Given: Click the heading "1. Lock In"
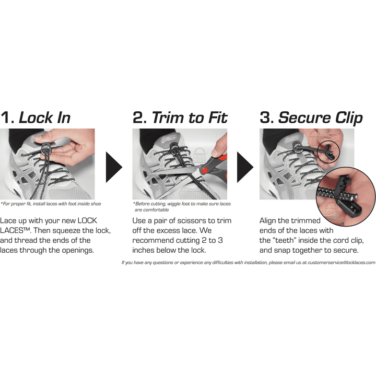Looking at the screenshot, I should click(36, 118).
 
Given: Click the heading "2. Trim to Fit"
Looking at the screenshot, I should click(180, 118).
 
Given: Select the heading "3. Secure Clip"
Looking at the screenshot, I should click(311, 118).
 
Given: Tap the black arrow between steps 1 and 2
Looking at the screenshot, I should click(114, 167).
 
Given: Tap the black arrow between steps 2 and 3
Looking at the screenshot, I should click(245, 167).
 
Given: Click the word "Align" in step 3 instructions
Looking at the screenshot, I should click(268, 221).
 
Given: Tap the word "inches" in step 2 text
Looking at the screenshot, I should click(144, 250).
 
